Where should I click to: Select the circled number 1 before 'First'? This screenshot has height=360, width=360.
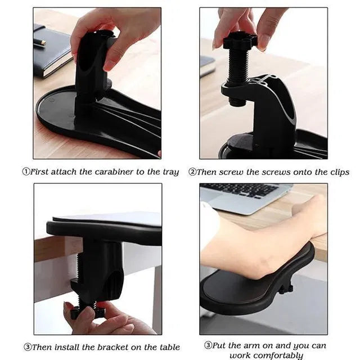25,172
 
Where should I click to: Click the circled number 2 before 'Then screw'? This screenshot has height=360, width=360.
192,172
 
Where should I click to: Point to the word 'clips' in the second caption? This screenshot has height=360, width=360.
337,172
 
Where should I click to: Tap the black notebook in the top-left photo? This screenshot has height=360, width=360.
51,53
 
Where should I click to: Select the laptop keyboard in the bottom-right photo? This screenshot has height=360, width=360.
247,191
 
